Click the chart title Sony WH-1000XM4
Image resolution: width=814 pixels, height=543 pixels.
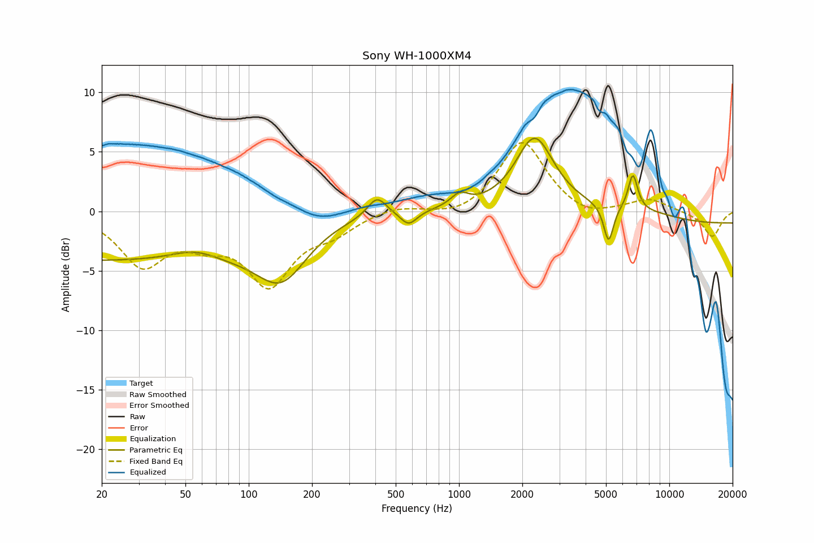click(417, 56)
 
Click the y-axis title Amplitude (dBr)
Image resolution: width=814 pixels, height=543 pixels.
click(66, 274)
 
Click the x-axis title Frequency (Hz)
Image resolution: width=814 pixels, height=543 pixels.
click(417, 508)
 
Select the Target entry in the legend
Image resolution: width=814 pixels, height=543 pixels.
click(141, 383)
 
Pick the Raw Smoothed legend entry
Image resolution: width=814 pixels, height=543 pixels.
click(158, 395)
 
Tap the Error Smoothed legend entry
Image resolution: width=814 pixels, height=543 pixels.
click(159, 406)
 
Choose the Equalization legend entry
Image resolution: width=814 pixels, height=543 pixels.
click(153, 439)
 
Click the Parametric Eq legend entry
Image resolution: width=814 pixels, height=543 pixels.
click(156, 450)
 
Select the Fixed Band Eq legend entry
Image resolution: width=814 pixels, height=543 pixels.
click(156, 462)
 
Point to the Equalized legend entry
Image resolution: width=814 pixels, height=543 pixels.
click(148, 472)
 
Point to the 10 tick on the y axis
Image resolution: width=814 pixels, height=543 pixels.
click(89, 93)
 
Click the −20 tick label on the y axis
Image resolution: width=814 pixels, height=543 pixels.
click(86, 450)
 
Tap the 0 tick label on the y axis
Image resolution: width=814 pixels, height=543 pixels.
click(92, 212)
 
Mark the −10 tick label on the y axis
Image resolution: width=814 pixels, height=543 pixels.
click(86, 331)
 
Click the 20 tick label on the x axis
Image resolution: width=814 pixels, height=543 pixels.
click(102, 495)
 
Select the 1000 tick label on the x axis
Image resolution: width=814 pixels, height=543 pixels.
click(459, 495)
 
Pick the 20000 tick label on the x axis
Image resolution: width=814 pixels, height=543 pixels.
click(733, 495)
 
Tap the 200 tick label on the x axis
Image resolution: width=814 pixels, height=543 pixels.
click(312, 495)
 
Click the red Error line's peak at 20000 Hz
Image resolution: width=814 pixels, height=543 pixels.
click(732, 85)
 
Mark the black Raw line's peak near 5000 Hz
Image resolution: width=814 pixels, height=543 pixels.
click(608, 85)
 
